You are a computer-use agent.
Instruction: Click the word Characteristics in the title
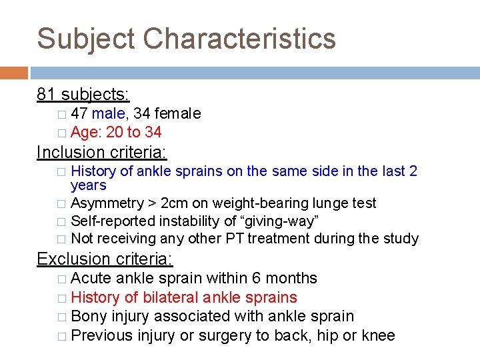click(239, 39)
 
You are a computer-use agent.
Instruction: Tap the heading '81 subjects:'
click(83, 94)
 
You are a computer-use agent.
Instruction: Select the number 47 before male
click(79, 114)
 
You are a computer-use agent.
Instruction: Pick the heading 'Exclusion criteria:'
click(105, 258)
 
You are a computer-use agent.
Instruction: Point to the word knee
click(377, 335)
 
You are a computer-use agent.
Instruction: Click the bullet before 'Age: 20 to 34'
click(61, 133)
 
